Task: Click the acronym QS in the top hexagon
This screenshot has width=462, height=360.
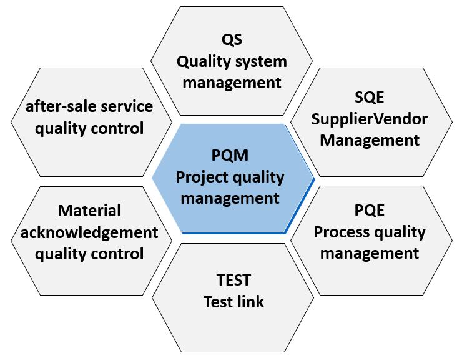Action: pos(232,40)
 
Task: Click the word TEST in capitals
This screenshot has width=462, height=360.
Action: pos(233,279)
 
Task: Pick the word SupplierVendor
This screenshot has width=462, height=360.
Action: pos(370,118)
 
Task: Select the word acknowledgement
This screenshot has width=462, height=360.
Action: pos(90,232)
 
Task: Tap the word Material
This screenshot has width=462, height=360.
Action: pos(89,211)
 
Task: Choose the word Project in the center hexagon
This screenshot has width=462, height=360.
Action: pos(202,177)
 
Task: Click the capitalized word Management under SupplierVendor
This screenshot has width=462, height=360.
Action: pos(370,139)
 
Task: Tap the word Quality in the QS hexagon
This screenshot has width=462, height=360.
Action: pos(204,62)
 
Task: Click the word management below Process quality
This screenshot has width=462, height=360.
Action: pos(370,253)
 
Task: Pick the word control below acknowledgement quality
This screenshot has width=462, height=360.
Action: pos(117,254)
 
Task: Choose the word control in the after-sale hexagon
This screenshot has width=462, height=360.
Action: pos(117,128)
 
